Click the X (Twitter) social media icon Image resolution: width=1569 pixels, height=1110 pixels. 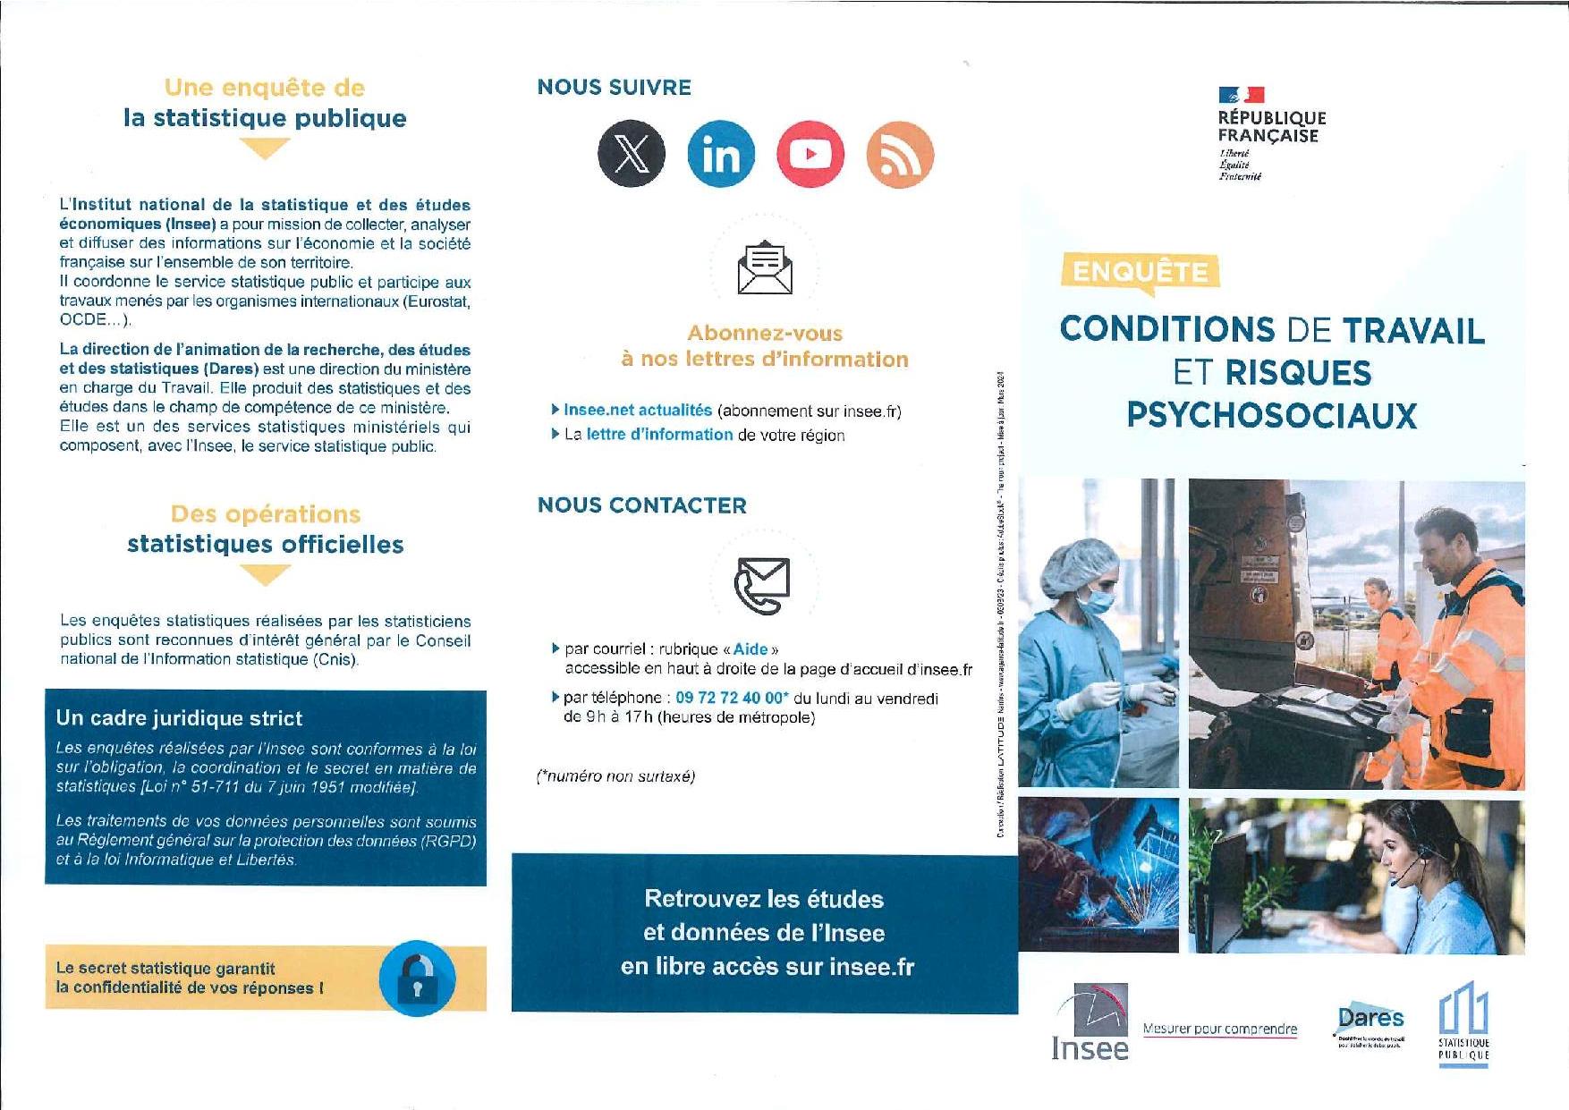(632, 153)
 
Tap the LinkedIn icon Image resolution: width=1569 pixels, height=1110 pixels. (721, 154)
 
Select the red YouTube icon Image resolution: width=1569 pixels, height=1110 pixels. (810, 154)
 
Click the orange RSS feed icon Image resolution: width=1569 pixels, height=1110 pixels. (900, 155)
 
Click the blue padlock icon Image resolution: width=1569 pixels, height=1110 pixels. (417, 979)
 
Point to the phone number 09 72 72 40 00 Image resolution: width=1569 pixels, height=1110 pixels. (731, 698)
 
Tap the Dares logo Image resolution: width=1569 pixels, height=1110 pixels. (1370, 1023)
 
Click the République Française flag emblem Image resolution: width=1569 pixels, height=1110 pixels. (1242, 95)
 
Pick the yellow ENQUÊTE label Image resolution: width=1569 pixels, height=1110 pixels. (1140, 271)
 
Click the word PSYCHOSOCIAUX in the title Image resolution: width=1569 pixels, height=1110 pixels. (1271, 415)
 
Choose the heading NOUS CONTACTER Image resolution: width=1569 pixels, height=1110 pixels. (641, 505)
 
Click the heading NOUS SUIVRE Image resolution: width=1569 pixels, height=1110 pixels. (614, 88)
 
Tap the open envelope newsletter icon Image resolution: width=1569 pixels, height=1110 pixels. (765, 267)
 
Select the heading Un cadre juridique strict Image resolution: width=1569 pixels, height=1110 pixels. (179, 718)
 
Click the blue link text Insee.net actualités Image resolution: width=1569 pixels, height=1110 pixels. (638, 411)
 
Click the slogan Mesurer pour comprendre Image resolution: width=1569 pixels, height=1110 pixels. (1220, 1029)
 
